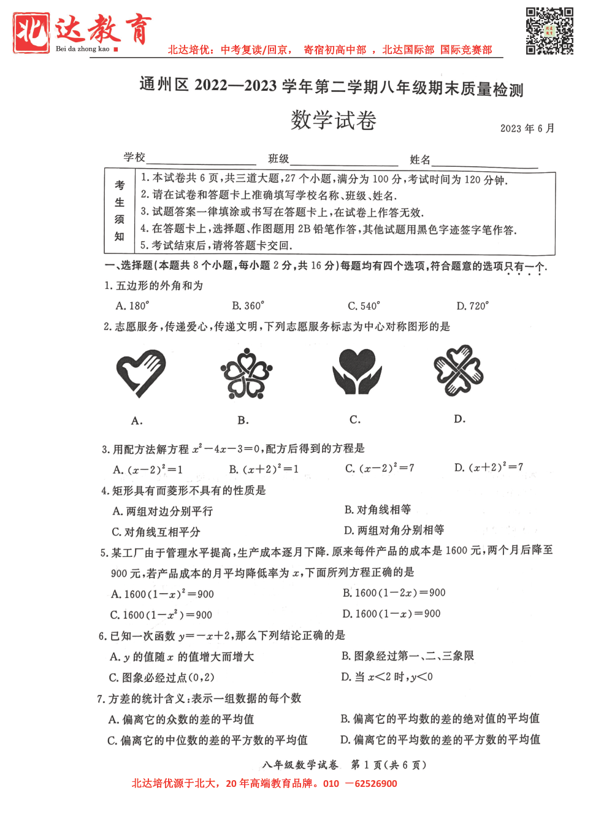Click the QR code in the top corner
point(549,31)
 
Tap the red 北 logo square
point(31,33)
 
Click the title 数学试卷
point(333,120)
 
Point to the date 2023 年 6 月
point(527,128)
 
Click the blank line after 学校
point(201,159)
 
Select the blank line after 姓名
point(484,161)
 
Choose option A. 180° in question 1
point(132,305)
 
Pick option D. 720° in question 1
point(472,305)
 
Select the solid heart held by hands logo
point(357,371)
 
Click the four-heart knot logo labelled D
point(459,370)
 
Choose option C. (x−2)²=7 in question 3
point(380,469)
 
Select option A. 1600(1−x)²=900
point(163,594)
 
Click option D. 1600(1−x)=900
point(391,613)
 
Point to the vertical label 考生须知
point(120,210)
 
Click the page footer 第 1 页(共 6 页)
point(388,765)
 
